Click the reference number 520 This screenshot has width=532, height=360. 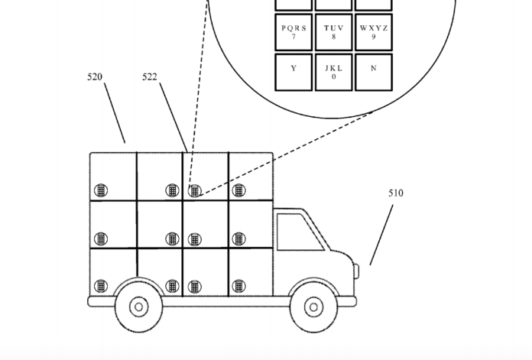(x=95, y=77)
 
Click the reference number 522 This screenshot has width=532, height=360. (x=150, y=77)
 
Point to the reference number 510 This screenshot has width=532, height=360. (x=395, y=193)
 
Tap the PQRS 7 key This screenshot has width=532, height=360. (x=294, y=32)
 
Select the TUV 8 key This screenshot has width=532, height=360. (x=333, y=32)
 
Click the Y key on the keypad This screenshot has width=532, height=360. (x=294, y=71)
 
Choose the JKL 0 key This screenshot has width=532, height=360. (x=333, y=71)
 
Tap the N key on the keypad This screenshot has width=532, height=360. (x=373, y=71)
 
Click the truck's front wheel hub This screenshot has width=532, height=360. (x=314, y=307)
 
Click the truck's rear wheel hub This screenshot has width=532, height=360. (x=138, y=307)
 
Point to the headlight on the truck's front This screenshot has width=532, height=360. (x=356, y=270)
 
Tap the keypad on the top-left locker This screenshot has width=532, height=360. (x=100, y=190)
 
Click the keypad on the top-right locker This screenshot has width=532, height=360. (x=239, y=190)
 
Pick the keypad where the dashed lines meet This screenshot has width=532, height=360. (x=195, y=190)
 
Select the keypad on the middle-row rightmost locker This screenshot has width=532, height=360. (x=239, y=239)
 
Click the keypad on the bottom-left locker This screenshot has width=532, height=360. (x=100, y=287)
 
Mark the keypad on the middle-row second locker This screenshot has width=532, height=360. (x=173, y=239)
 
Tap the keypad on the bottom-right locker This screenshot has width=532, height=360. (x=239, y=287)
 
